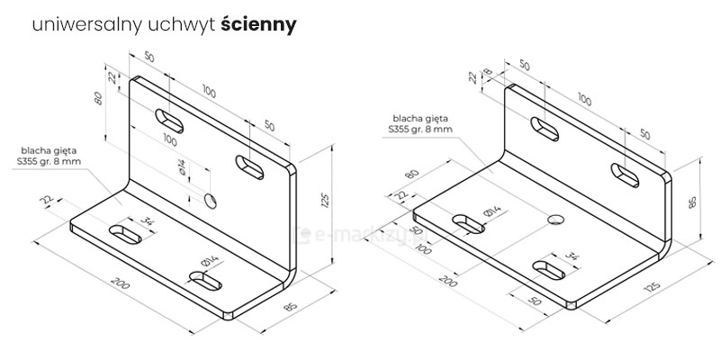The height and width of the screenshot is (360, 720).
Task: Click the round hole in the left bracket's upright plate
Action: pos(211,199)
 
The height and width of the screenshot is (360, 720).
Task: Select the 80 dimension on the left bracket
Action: pos(100,97)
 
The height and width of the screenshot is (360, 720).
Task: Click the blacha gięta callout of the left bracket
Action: pos(49,155)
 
